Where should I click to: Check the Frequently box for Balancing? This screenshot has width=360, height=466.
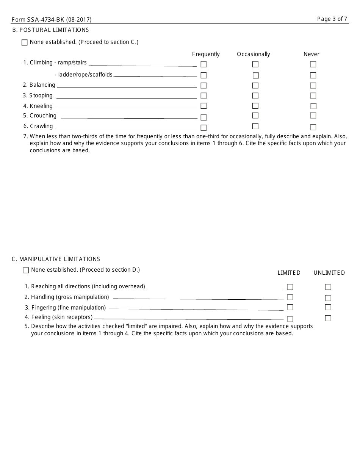click(203, 86)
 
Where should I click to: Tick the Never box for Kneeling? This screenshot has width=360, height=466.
click(313, 106)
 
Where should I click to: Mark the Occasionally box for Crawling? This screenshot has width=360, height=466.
click(255, 126)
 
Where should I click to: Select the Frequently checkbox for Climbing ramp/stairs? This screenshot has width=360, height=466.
click(203, 64)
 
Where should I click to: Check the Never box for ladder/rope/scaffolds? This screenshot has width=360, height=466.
click(313, 75)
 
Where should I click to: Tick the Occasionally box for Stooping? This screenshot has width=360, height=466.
click(255, 96)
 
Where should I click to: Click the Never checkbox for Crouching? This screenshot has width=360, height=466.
click(313, 116)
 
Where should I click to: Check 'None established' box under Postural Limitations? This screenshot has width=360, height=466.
click(25, 42)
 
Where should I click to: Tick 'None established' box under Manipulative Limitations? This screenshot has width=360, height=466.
click(26, 270)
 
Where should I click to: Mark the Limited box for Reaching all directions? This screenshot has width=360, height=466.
click(290, 287)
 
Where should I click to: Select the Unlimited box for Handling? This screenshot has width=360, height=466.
click(328, 298)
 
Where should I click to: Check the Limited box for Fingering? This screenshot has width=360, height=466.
click(290, 307)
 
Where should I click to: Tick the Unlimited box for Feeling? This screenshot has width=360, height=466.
click(328, 318)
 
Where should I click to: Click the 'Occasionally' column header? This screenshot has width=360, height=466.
click(254, 54)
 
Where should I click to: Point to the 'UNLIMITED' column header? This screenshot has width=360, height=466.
click(329, 273)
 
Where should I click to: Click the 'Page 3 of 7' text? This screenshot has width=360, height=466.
click(332, 19)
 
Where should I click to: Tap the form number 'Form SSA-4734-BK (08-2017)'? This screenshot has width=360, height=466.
click(52, 20)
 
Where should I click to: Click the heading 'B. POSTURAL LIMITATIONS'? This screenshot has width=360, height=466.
click(50, 30)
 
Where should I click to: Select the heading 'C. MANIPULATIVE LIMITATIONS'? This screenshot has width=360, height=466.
click(56, 259)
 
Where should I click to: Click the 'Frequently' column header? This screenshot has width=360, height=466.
click(206, 54)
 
